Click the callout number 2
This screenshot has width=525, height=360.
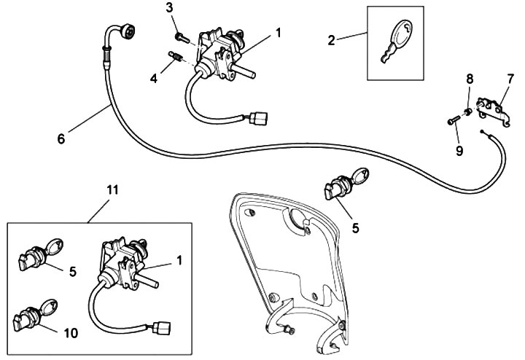(x=331, y=39)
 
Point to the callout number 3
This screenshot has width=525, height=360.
(x=169, y=8)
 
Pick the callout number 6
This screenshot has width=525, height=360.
(x=61, y=136)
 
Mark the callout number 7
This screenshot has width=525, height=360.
(x=510, y=77)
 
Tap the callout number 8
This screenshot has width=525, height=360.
(x=469, y=77)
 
